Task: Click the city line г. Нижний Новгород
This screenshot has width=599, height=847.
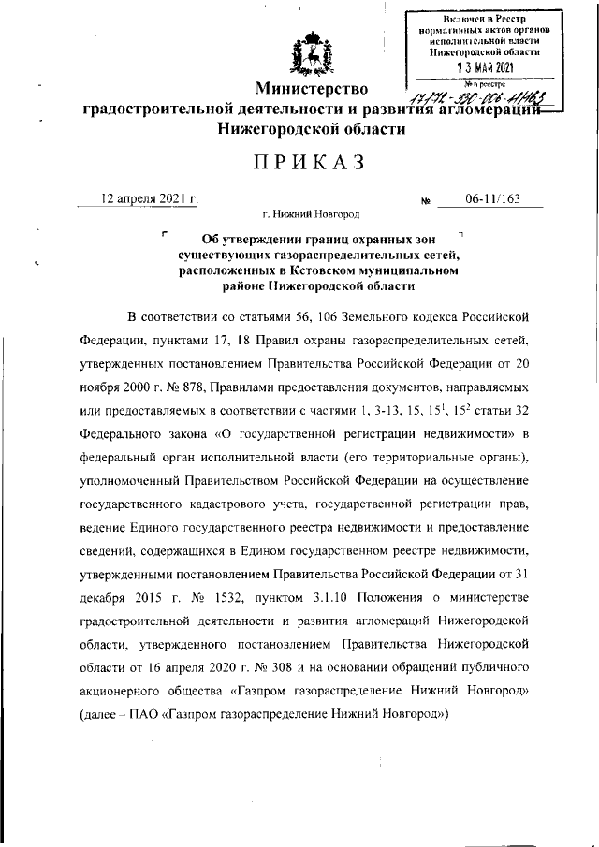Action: coord(312,215)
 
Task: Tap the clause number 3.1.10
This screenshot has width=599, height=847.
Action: coord(346,598)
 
